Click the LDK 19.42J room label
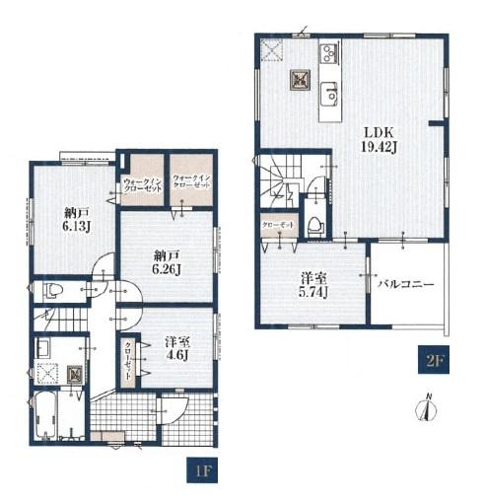[x=379, y=140]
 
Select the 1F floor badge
[x=202, y=470]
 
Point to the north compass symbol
[x=426, y=408]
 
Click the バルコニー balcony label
[x=406, y=284]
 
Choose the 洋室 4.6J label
[x=177, y=349]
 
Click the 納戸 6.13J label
[x=76, y=219]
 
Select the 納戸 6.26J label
[x=167, y=262]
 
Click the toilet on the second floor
[x=315, y=227]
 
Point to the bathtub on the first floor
[x=45, y=416]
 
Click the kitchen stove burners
[x=329, y=52]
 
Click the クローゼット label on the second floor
[x=278, y=225]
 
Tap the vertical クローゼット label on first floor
[x=128, y=361]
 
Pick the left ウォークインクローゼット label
[x=143, y=185]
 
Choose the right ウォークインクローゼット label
[x=191, y=181]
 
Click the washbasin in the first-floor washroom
[x=42, y=348]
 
